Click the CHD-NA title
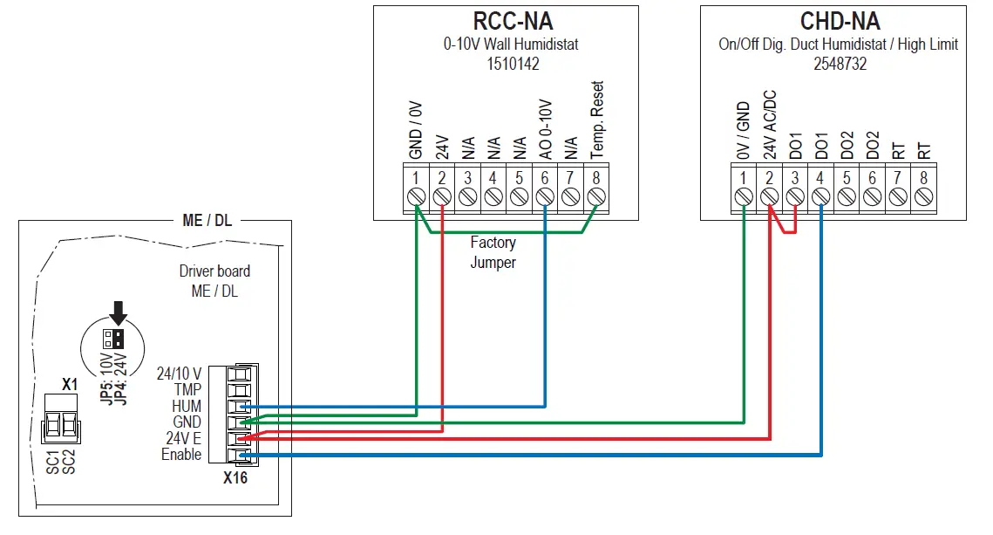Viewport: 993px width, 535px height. point(840,21)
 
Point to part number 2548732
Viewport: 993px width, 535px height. point(840,64)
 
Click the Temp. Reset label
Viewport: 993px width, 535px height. point(597,120)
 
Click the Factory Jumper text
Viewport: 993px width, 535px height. point(493,252)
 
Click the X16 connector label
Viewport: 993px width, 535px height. point(235,477)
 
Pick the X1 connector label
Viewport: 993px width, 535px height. point(70,384)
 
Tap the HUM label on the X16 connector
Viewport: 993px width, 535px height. point(187,406)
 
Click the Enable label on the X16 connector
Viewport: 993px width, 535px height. point(181,455)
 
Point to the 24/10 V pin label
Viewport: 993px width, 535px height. point(179,373)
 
